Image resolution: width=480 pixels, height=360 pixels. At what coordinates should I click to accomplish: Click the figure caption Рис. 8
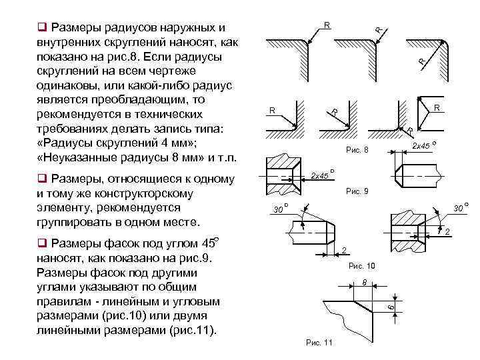[357, 151]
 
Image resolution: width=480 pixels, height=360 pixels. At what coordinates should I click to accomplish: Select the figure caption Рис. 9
[357, 192]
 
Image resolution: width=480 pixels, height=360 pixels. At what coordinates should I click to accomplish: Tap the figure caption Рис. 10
[362, 266]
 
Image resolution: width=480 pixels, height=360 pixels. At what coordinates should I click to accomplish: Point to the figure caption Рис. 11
[319, 343]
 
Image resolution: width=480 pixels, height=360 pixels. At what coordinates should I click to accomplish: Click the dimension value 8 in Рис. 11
[364, 282]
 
